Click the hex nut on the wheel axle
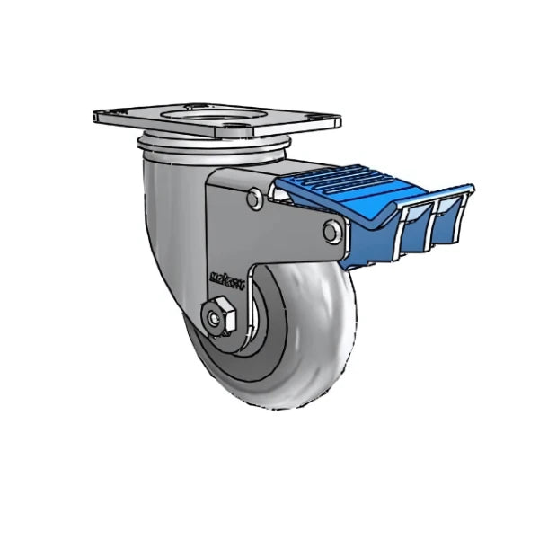tap(217, 317)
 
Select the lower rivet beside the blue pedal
tap(331, 233)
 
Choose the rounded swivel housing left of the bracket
tap(171, 207)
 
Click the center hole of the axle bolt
tap(216, 317)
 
